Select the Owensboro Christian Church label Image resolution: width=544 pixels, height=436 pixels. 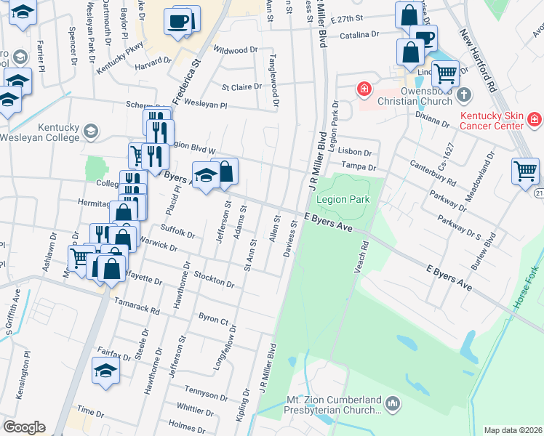coord(411,95)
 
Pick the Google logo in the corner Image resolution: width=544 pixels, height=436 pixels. coord(24,427)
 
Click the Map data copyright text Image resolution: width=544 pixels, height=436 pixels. coord(512,430)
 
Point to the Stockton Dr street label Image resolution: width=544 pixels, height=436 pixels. coord(214,279)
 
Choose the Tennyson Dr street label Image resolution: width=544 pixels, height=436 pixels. coord(206,395)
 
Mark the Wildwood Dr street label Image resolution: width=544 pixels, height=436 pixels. coord(236,50)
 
